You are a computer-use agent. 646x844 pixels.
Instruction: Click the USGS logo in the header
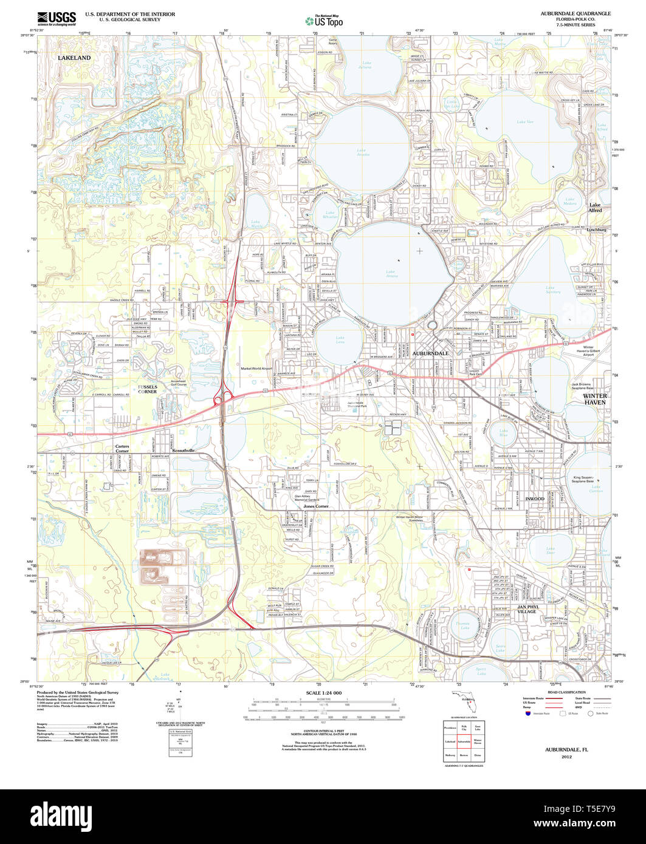click(x=57, y=18)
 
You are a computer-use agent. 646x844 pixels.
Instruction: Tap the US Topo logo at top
click(x=324, y=21)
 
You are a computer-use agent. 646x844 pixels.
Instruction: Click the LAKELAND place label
click(x=74, y=58)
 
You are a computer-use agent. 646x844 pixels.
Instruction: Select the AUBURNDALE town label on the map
click(x=431, y=353)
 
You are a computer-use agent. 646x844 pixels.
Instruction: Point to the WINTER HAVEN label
click(x=595, y=399)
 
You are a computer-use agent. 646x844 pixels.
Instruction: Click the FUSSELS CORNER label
click(x=147, y=389)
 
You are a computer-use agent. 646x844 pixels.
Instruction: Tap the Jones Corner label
click(x=316, y=506)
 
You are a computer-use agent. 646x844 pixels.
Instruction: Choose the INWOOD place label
click(x=535, y=499)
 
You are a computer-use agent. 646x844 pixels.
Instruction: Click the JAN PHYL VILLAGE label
click(x=526, y=609)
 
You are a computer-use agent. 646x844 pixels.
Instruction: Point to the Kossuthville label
click(x=183, y=451)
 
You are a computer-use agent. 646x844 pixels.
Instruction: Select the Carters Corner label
click(x=122, y=449)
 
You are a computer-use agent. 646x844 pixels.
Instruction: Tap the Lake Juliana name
click(x=366, y=65)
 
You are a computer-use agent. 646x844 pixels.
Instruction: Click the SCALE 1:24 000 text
click(x=324, y=693)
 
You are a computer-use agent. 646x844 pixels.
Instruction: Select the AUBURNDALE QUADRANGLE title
click(x=576, y=13)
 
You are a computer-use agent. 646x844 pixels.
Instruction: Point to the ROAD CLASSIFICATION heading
click(x=566, y=692)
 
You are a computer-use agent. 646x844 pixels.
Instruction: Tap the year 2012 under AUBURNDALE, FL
click(x=566, y=757)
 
